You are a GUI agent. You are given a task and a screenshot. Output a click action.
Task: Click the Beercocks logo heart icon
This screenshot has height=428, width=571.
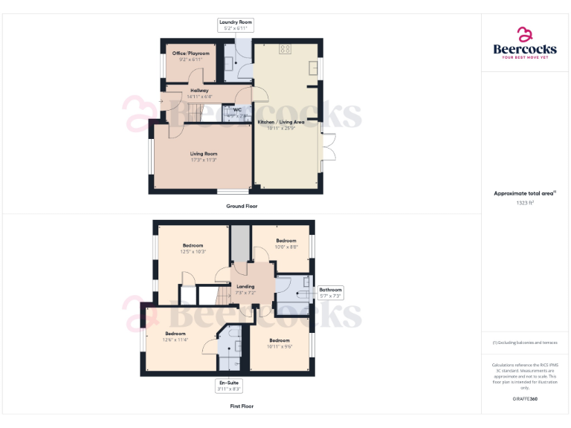tap(525, 34)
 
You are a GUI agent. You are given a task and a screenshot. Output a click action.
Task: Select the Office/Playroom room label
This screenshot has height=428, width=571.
tap(191, 53)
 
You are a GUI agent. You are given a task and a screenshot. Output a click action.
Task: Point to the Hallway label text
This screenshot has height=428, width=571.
tap(199, 91)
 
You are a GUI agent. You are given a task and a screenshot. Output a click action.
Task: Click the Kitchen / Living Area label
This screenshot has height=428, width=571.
tap(281, 122)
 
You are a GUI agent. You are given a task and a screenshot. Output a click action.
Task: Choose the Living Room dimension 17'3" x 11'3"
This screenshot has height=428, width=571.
tap(203, 160)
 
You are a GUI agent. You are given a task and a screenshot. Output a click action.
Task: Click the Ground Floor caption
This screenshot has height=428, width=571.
tap(242, 206)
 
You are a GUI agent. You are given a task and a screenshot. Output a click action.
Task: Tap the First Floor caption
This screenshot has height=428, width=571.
tap(242, 406)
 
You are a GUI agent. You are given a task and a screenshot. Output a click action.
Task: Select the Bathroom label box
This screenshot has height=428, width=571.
tap(331, 293)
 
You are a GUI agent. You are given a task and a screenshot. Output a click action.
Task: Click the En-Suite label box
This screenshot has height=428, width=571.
tap(229, 385)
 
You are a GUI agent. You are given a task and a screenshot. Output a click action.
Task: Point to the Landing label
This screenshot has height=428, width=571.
tap(245, 286)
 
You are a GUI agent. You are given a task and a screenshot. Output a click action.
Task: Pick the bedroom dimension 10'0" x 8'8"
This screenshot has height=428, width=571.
tap(286, 247)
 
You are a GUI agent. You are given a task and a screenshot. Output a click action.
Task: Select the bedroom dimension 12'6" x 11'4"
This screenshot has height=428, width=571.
tap(175, 340)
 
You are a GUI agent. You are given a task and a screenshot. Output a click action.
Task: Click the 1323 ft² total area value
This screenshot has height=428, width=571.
tap(525, 202)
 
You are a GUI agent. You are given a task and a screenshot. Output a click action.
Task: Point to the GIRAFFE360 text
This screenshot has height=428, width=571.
tap(525, 400)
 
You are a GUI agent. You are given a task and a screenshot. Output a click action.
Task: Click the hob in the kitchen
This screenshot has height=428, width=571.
tap(285, 50)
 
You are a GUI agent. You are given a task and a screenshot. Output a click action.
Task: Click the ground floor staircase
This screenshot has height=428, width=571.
tap(193, 114)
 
